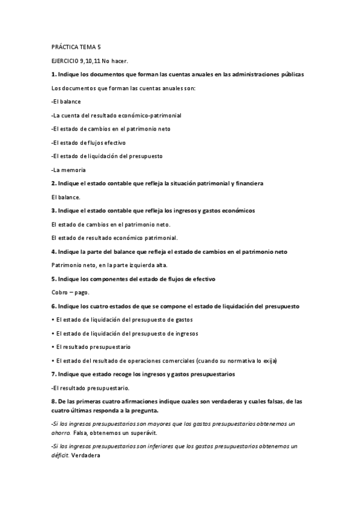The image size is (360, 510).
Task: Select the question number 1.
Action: pyautogui.click(x=53, y=75)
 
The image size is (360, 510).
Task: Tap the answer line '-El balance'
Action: pyautogui.click(x=66, y=102)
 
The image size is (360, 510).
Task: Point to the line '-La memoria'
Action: pyautogui.click(x=69, y=170)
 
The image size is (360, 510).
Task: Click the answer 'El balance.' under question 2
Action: pyautogui.click(x=66, y=197)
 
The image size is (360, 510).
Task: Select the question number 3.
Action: pyautogui.click(x=53, y=210)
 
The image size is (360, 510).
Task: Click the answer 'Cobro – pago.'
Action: pyautogui.click(x=70, y=292)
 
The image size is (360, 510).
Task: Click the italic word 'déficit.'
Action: pyautogui.click(x=63, y=455)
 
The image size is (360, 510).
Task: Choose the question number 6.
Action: pyautogui.click(x=53, y=306)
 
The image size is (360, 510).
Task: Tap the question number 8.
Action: pyautogui.click(x=53, y=401)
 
